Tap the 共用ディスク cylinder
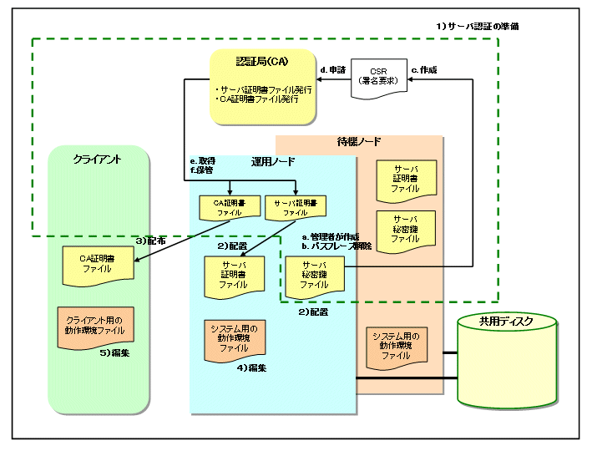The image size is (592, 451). click(506, 360)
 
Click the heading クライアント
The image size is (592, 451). click(98, 158)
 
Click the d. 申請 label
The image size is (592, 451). click(333, 69)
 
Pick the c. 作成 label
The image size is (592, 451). click(424, 69)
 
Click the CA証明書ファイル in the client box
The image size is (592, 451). click(96, 263)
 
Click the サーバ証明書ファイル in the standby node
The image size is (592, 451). click(405, 180)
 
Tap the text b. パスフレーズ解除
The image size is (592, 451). click(336, 248)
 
